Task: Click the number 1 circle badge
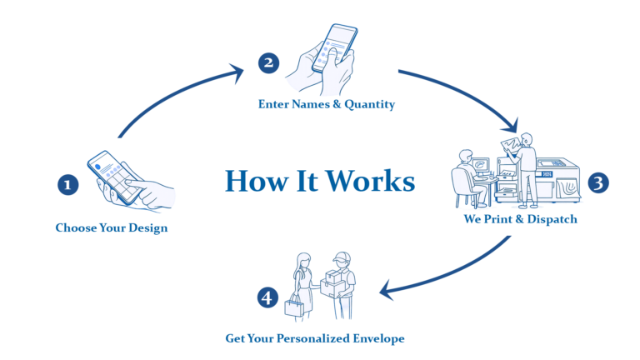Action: [68, 184]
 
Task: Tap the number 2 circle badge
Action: [267, 62]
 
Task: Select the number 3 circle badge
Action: [598, 183]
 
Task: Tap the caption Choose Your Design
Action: [111, 227]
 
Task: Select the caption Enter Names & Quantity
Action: [326, 105]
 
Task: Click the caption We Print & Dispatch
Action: [520, 221]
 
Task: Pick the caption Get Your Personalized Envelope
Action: [315, 340]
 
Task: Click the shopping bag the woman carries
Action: [295, 306]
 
